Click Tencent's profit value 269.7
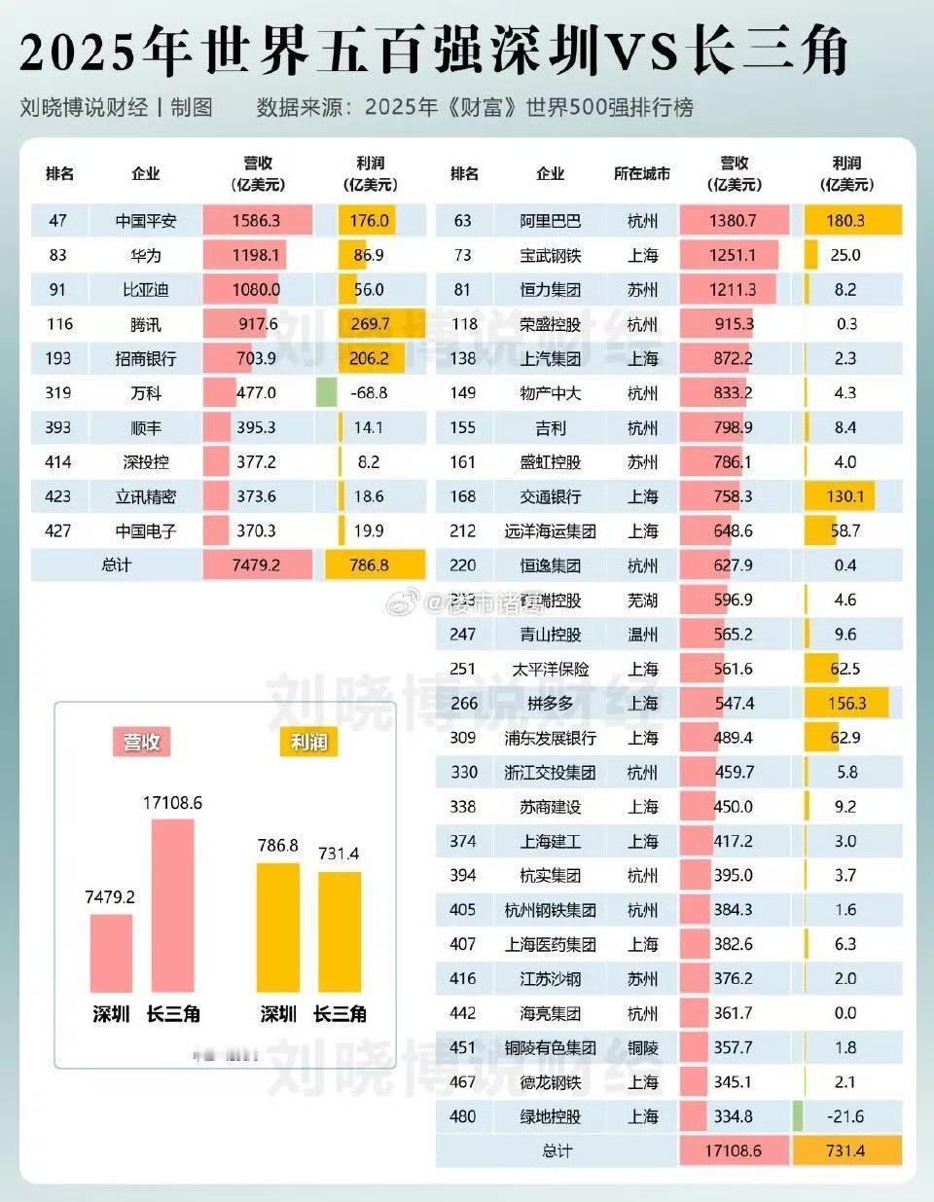[x=370, y=324]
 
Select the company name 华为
[x=146, y=256]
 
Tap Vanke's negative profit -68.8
[x=370, y=393]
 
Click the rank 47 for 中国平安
[x=58, y=221]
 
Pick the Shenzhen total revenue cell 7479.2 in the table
[x=257, y=565]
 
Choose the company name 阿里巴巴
[x=551, y=221]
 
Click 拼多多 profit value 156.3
[x=845, y=703]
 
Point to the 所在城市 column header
[x=642, y=173]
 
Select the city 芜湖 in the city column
[x=642, y=600]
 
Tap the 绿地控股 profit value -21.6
[x=845, y=1116]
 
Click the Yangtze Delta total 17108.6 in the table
[x=733, y=1150]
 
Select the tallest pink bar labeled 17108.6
[x=172, y=905]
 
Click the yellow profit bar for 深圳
[x=277, y=927]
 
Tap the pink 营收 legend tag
[x=142, y=742]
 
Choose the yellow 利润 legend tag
[x=308, y=742]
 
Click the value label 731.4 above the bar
[x=339, y=854]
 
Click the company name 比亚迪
[x=146, y=290]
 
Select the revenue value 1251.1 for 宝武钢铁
[x=733, y=255]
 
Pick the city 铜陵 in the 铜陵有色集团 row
[x=642, y=1047]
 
